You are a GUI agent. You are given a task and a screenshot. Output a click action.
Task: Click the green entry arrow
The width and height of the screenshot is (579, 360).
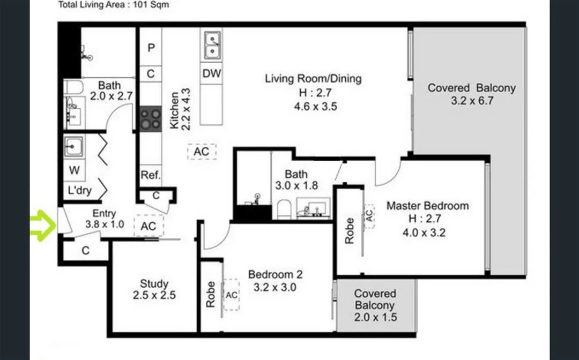pos(42,225)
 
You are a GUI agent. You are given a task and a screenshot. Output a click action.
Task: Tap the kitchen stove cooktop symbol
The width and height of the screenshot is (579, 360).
pos(150,118)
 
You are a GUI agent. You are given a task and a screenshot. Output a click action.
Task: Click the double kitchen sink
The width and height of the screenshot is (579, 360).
pos(212,44)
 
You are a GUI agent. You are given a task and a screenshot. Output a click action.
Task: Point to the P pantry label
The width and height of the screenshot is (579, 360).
pos(151,48)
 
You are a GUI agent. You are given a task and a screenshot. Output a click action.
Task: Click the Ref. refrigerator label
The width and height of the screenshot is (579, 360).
pos(151,175)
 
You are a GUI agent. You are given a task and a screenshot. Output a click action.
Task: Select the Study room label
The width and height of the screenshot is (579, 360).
pos(154,284)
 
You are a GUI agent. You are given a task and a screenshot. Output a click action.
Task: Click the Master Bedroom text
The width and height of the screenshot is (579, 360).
pos(427,206)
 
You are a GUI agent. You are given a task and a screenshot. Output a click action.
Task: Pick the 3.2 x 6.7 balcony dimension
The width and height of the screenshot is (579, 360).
pos(471,101)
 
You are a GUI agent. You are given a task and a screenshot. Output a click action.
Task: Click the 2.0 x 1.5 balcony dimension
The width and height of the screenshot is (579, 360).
pos(375,317)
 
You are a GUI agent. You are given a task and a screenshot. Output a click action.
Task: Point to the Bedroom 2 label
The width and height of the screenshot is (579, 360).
pos(275,275)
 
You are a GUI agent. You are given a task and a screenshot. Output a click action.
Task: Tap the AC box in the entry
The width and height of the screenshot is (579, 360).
pos(148,226)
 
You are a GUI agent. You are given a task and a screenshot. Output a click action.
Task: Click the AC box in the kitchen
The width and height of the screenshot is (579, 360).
pos(202,152)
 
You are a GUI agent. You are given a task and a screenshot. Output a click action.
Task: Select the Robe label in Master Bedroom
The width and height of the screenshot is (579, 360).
pos(350,231)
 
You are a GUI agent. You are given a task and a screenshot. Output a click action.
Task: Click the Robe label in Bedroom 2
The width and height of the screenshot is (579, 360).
pos(210,295)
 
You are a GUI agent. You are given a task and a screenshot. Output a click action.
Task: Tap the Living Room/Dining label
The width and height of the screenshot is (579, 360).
pos(313,79)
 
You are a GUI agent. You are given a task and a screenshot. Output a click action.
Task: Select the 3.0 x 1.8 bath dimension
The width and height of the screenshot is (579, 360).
pos(296,186)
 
